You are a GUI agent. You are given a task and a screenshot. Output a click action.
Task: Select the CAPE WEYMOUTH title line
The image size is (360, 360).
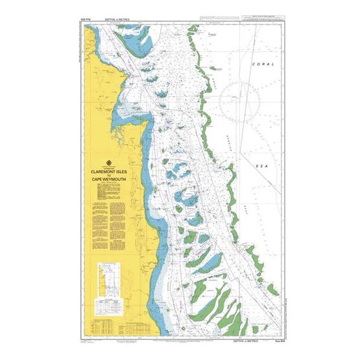click(110, 181)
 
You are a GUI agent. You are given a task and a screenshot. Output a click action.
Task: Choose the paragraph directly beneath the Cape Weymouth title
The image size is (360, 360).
click(110, 189)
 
